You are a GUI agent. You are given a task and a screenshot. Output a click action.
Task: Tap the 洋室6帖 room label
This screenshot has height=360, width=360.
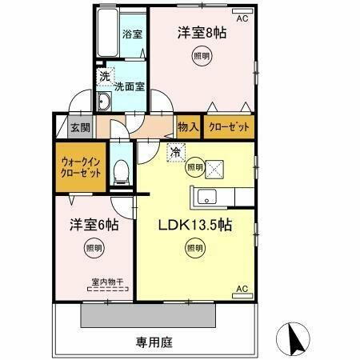click(94, 226)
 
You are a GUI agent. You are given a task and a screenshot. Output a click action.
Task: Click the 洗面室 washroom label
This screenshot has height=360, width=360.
click(129, 86)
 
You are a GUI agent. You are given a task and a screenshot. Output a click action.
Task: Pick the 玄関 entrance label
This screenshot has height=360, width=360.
click(78, 127)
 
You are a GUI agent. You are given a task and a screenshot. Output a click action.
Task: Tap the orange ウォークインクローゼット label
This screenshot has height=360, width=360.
click(80, 166)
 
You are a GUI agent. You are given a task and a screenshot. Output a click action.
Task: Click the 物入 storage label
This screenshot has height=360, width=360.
click(188, 126)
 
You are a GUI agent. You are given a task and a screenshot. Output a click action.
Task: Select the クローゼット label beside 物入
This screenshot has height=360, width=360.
click(229, 126)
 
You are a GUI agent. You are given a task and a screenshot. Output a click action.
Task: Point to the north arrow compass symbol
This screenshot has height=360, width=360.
click(292, 341)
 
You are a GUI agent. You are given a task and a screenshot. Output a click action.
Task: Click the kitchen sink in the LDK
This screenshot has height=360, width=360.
click(205, 195)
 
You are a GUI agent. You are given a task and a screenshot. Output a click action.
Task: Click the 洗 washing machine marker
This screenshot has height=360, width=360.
click(104, 77)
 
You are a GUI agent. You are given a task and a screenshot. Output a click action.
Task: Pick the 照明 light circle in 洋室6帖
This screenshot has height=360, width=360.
click(94, 250)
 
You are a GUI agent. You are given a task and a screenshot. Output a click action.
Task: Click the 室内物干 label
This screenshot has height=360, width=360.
click(107, 282)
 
